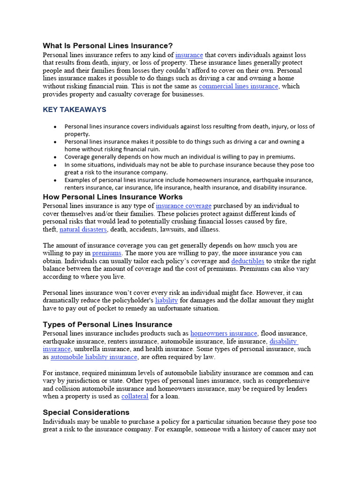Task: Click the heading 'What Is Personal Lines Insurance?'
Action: click(x=108, y=46)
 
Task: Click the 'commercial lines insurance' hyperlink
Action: click(x=239, y=86)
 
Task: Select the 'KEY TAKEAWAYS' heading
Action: click(x=75, y=110)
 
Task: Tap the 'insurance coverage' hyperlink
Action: click(x=184, y=206)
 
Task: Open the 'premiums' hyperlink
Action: click(x=107, y=253)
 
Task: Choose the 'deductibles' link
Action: click(x=248, y=261)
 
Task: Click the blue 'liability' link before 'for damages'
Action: click(x=166, y=300)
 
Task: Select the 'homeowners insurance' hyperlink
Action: click(x=224, y=333)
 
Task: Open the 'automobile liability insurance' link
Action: click(x=94, y=357)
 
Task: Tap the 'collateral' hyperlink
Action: click(x=135, y=397)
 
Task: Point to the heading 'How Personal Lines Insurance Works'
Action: click(x=112, y=197)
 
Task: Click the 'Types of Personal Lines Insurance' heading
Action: click(x=107, y=324)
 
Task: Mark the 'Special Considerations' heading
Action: click(x=86, y=412)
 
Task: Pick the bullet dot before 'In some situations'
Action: click(x=55, y=165)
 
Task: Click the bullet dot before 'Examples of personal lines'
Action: click(x=55, y=180)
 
